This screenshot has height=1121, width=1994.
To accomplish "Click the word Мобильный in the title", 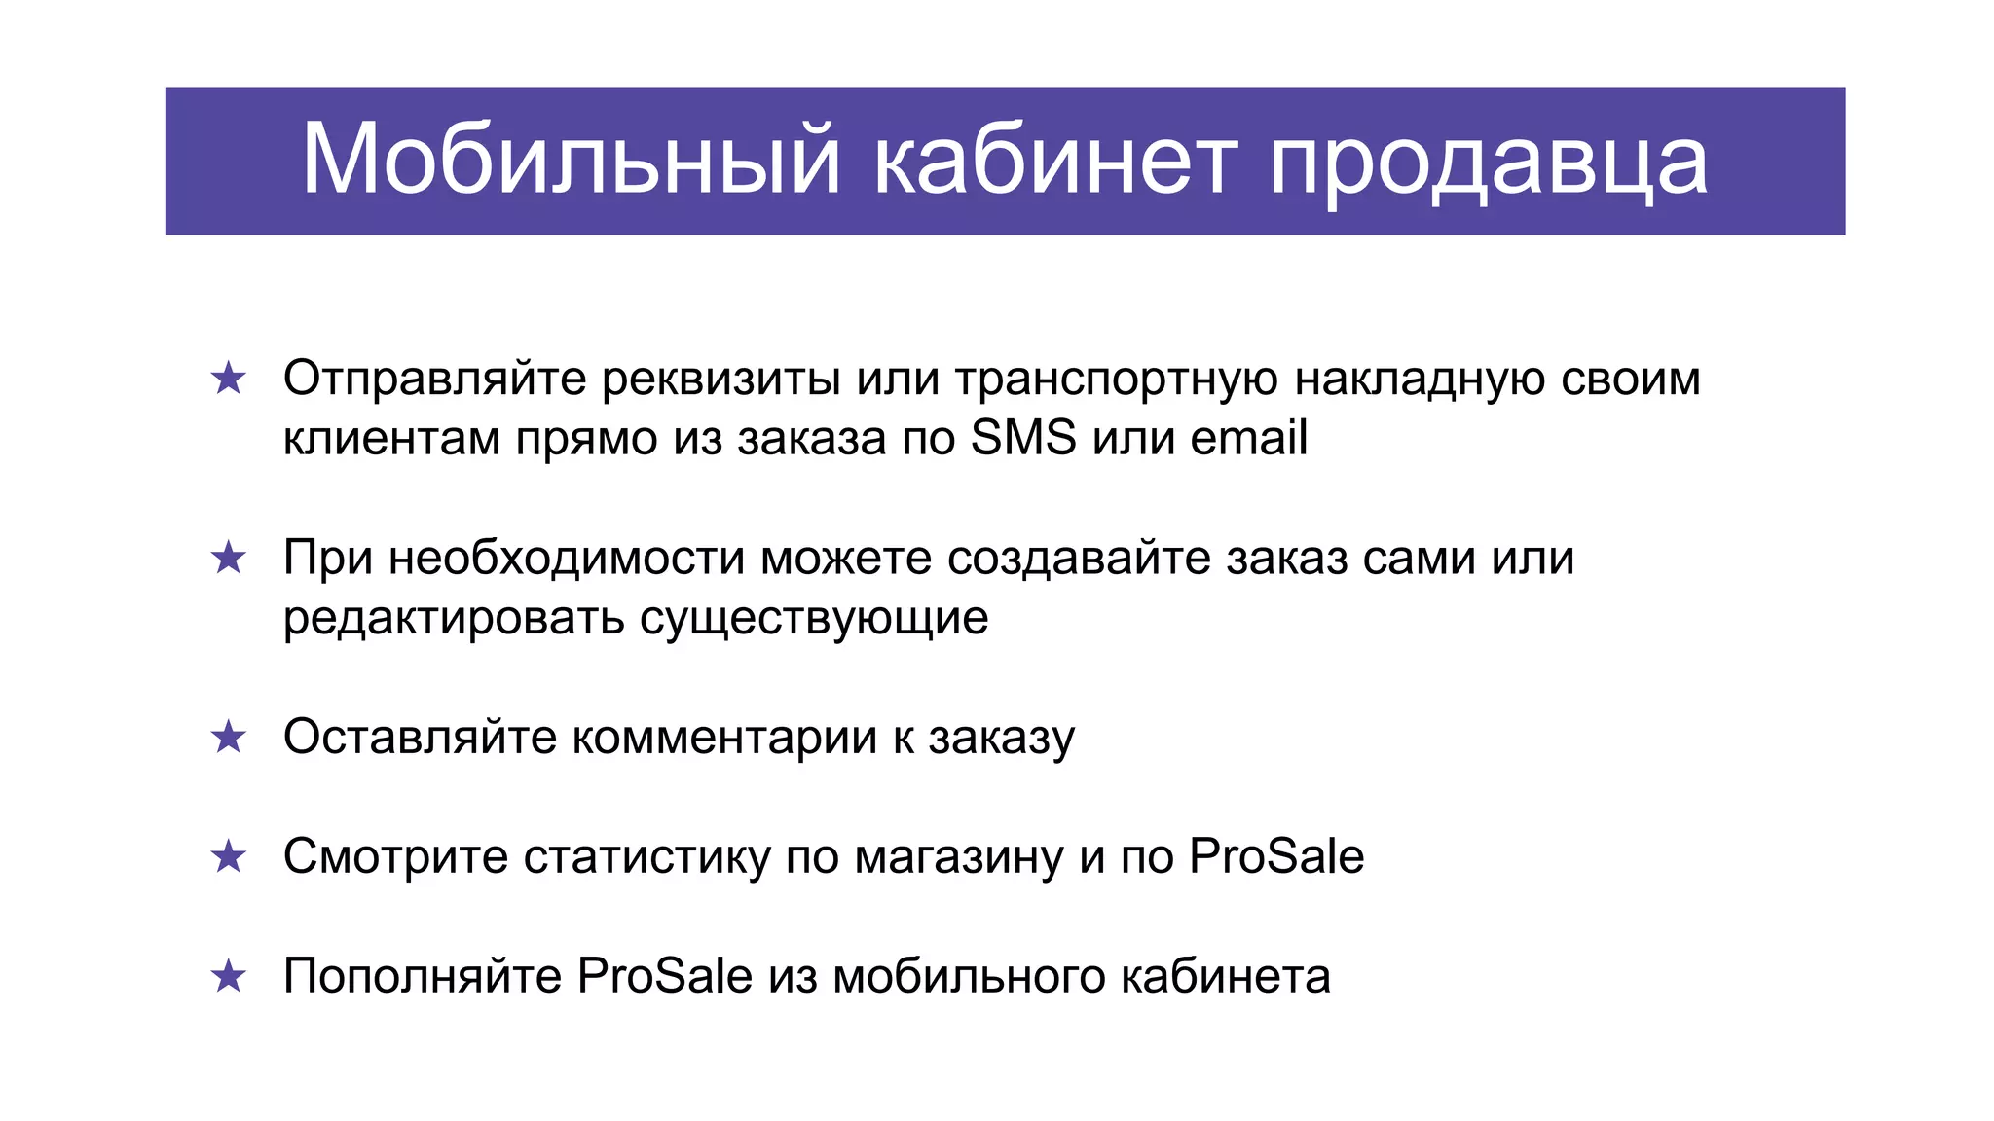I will tap(571, 161).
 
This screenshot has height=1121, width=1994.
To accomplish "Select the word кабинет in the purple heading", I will tap(1055, 161).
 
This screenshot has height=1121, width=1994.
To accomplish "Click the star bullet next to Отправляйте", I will tap(229, 379).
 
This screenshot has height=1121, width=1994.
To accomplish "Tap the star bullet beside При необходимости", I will tap(229, 559).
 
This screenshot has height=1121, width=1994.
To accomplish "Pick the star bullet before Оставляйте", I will tap(229, 738).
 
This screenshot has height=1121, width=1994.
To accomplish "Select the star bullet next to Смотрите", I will tap(229, 857).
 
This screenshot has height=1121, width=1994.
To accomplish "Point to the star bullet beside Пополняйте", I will tap(229, 977).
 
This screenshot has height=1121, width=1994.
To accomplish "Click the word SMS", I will tap(1023, 438).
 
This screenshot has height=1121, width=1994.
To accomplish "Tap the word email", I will tap(1248, 438).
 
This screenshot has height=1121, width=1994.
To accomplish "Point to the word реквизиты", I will tap(721, 379).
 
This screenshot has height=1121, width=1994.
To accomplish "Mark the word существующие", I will tap(814, 619).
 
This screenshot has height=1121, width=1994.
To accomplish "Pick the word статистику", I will tap(646, 857).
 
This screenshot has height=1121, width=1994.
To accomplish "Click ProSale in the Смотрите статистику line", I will tap(1276, 857).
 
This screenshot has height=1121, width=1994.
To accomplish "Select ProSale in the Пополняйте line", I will tap(665, 977).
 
